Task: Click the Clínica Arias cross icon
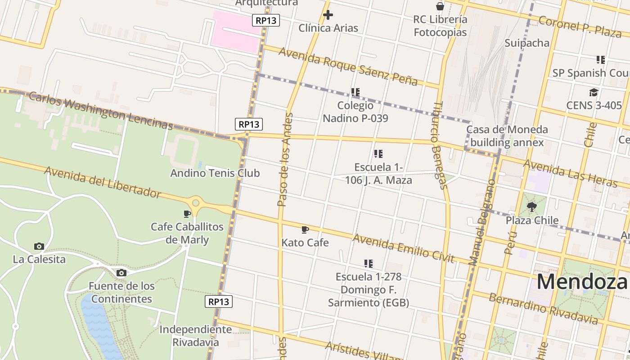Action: (328, 15)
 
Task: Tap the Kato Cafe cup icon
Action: (305, 230)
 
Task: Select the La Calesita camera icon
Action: (39, 246)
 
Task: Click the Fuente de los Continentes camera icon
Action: (121, 273)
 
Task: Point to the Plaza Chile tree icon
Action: (532, 207)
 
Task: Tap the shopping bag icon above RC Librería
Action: (440, 6)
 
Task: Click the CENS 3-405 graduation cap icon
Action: (594, 93)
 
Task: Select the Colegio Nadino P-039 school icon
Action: (355, 92)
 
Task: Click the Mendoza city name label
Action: (581, 282)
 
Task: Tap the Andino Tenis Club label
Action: (215, 173)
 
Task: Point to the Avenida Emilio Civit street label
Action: (403, 248)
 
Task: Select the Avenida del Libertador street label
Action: (103, 182)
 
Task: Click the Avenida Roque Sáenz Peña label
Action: (348, 66)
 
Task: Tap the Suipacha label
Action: (527, 43)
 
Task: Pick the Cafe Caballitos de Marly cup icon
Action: (187, 214)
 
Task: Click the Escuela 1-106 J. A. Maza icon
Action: (378, 154)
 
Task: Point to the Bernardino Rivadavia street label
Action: (543, 309)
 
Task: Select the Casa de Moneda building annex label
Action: (507, 136)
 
